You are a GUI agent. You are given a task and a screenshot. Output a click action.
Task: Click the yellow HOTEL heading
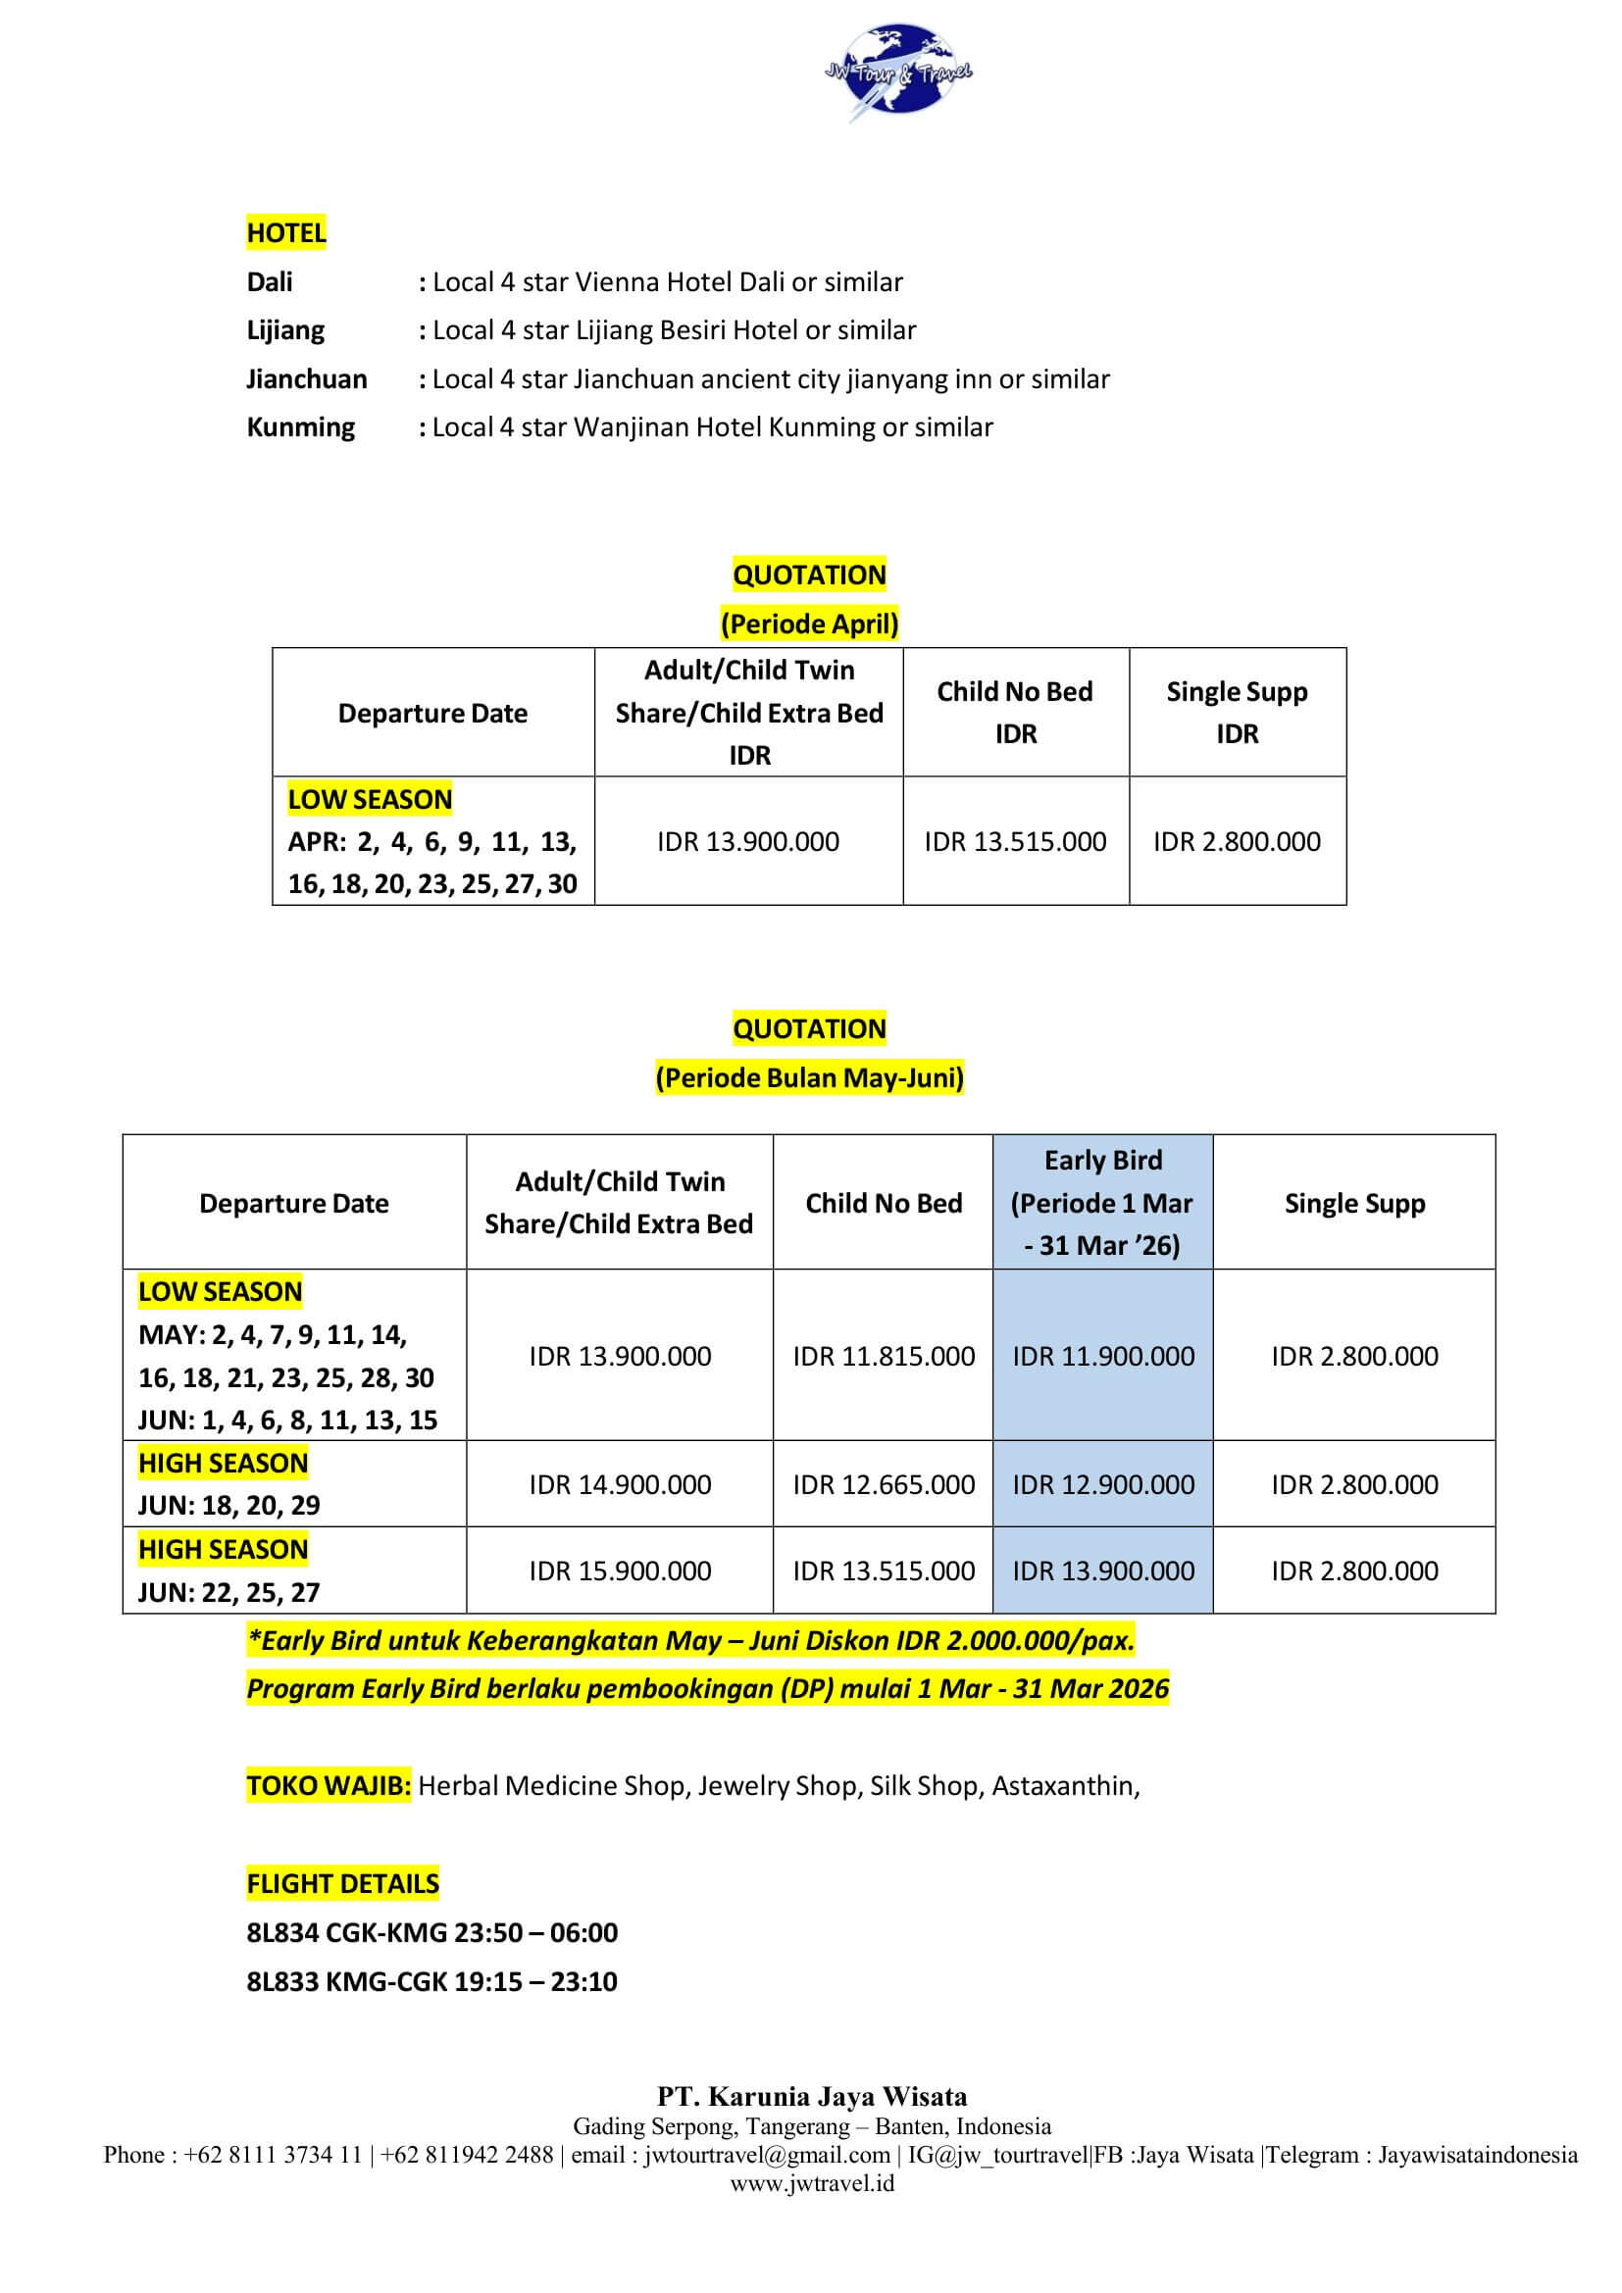(285, 232)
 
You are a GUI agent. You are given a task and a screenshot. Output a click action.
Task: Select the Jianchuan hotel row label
(307, 379)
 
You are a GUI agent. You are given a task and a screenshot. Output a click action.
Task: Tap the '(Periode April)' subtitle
(809, 623)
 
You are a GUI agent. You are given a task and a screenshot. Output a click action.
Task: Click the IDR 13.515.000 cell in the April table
(1015, 841)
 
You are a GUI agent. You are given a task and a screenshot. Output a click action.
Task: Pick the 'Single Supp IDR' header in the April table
(1237, 712)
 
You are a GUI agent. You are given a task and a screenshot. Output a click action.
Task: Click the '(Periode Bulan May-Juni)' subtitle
(809, 1077)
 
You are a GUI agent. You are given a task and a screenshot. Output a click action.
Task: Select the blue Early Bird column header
(1101, 1203)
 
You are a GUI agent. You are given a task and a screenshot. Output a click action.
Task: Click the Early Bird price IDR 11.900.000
(1102, 1355)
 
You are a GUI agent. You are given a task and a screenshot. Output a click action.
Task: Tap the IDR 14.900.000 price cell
(619, 1484)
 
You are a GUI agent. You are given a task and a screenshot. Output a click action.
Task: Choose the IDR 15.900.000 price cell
(619, 1570)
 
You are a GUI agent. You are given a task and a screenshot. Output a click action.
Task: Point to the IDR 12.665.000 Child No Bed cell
(883, 1484)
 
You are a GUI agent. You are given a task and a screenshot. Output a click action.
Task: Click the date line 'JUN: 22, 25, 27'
(228, 1592)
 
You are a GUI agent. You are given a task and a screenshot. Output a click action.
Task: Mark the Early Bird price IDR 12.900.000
(1102, 1484)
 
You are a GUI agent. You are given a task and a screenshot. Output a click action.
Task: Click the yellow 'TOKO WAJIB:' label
(328, 1784)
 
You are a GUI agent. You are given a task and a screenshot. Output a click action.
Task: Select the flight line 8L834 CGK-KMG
(431, 1932)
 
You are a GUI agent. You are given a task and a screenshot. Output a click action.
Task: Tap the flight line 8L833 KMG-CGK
(431, 1981)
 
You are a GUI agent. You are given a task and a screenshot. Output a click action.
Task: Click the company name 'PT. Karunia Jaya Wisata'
(811, 2096)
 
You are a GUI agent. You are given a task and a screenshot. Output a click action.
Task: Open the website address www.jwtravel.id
(811, 2182)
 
